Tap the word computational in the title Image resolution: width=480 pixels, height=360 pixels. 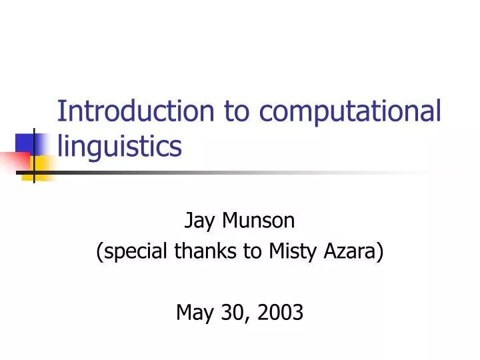pos(350,111)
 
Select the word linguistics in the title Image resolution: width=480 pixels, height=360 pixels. pos(119,145)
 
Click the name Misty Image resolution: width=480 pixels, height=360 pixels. pos(291,251)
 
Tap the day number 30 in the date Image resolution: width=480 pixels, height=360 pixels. pos(231,311)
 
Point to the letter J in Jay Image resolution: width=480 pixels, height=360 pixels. pos(187,221)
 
